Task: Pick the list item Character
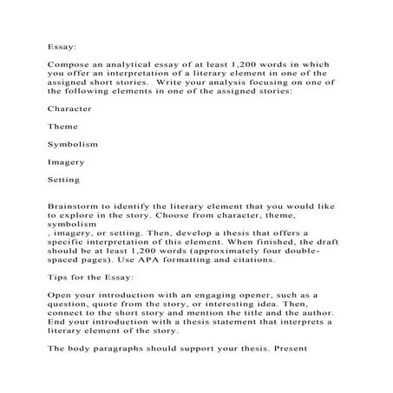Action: tap(69, 109)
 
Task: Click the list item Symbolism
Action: tap(72, 143)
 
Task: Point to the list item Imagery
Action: tap(66, 161)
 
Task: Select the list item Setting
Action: tap(64, 180)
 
